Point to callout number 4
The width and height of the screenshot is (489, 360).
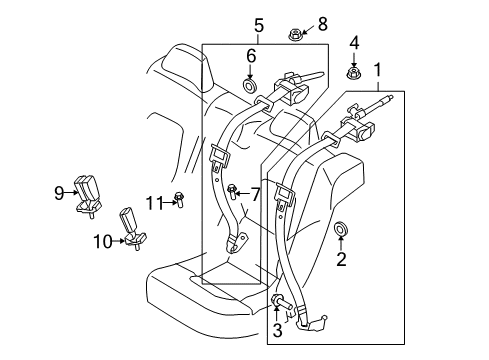pos(354,42)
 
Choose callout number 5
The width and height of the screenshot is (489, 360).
pos(258,25)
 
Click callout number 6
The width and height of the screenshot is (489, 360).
pos(252,56)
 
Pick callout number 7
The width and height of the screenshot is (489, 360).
pos(255,192)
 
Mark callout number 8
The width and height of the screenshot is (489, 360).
pos(294,23)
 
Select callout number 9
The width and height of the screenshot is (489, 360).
pos(59,191)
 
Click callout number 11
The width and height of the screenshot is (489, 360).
pos(152,203)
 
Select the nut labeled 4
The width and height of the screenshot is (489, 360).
pos(354,72)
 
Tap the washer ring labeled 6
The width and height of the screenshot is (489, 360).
pos(251,88)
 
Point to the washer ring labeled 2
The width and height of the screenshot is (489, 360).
pos(342,234)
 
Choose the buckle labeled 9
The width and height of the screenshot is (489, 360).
pos(87,193)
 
